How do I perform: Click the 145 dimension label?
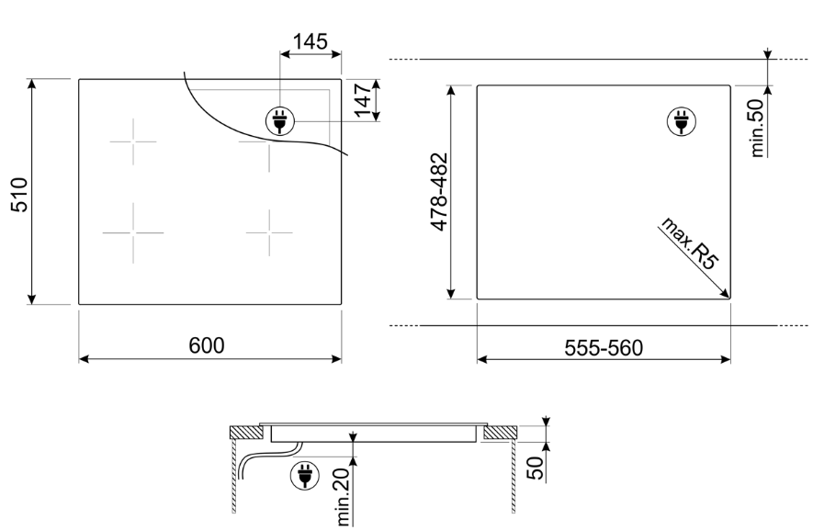click(x=310, y=41)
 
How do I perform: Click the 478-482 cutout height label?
click(x=438, y=190)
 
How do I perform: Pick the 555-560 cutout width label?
click(x=604, y=347)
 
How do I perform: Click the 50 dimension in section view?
click(x=537, y=466)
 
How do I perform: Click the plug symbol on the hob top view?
click(x=277, y=119)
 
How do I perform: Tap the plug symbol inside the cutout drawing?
click(x=680, y=119)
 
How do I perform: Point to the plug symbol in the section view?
click(x=301, y=475)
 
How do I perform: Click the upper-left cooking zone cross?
click(x=132, y=143)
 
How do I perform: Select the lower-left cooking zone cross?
click(x=132, y=232)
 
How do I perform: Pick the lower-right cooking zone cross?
click(x=269, y=232)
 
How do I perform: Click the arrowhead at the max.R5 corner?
click(x=725, y=294)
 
